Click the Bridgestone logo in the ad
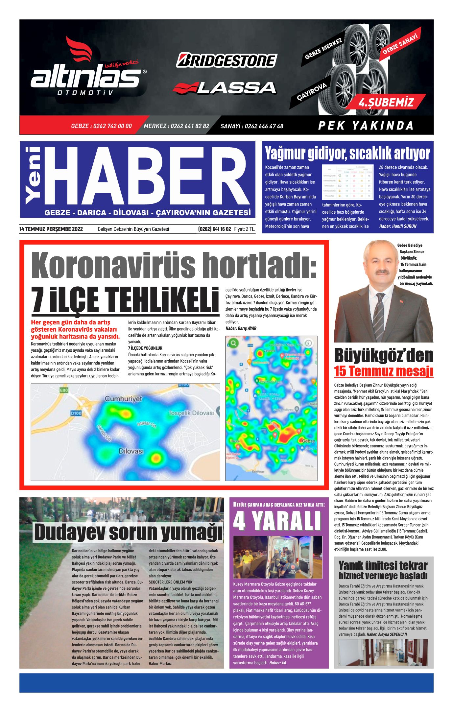coord(226,60)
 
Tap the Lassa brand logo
coord(225,88)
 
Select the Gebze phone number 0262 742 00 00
coord(101,126)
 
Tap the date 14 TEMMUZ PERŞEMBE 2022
coord(51,229)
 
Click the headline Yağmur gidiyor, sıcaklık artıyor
coord(347,154)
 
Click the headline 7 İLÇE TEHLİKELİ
coord(125,300)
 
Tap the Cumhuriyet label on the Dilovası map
coord(123,399)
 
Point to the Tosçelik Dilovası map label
coord(191,413)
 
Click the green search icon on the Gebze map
coord(234,344)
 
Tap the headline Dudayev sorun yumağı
coord(128,532)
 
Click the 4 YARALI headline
coord(277,521)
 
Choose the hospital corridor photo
coord(383,653)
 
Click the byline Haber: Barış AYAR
coord(241,328)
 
